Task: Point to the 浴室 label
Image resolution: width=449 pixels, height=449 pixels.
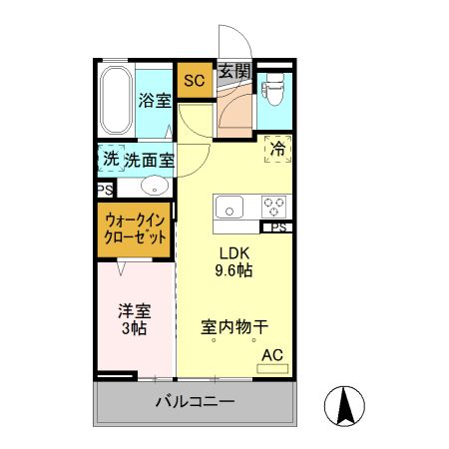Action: (x=154, y=100)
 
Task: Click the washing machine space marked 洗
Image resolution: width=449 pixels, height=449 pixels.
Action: (x=111, y=159)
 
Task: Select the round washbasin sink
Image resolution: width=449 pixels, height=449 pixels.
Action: (x=154, y=186)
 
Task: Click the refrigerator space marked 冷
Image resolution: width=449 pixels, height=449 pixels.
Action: (x=276, y=149)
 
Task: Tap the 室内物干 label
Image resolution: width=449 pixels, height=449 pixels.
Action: (x=234, y=326)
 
